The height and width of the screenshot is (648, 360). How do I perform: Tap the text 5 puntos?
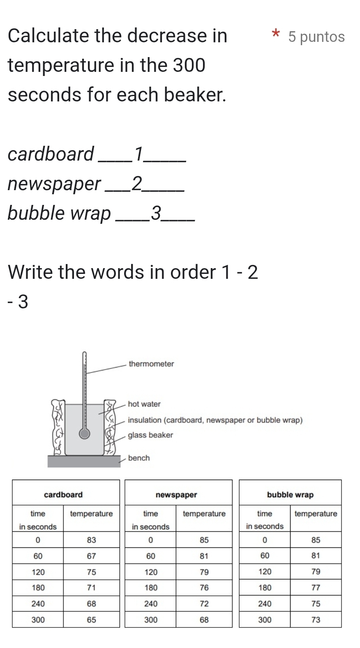[316, 37]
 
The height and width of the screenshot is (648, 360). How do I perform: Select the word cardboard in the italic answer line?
[51, 154]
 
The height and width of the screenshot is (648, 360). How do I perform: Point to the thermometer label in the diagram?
[151, 364]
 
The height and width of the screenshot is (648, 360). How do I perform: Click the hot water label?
[144, 404]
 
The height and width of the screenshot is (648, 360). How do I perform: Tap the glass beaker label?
[150, 435]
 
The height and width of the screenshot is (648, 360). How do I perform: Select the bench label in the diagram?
[139, 458]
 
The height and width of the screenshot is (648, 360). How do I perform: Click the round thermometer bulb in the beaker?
[85, 434]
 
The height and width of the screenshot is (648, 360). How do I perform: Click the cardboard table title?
[63, 495]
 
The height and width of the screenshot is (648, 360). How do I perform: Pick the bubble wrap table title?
[290, 495]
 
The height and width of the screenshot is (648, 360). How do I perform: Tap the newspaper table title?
[176, 495]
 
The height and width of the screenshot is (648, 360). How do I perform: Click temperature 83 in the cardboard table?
[91, 540]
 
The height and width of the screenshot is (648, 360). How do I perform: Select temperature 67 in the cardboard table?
[91, 556]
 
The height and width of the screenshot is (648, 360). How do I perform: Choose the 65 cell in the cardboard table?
[91, 620]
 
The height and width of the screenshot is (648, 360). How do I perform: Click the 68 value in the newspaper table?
[204, 620]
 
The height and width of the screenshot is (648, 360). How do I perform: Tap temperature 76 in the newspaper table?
[204, 588]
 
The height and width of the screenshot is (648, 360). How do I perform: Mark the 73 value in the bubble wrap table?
[316, 620]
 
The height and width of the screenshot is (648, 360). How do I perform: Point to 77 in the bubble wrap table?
[316, 588]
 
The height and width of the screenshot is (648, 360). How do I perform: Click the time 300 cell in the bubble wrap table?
[265, 620]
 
